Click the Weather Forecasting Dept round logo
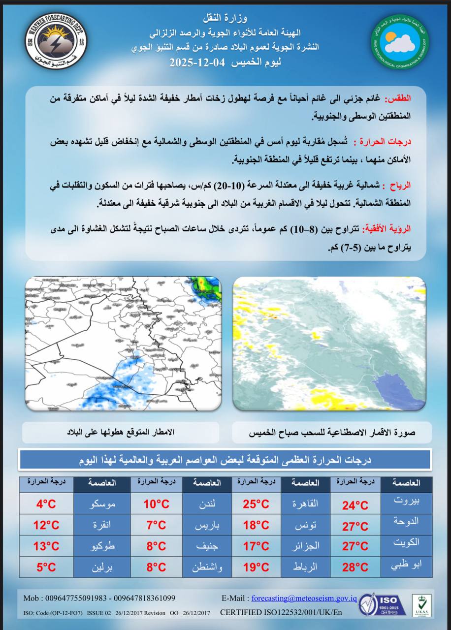click(56, 41)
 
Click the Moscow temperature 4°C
click(46, 504)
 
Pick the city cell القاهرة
click(305, 504)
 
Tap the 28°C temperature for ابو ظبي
click(355, 567)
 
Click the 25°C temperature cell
click(256, 504)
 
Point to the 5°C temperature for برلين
click(46, 567)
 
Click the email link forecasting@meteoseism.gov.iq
click(304, 598)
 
